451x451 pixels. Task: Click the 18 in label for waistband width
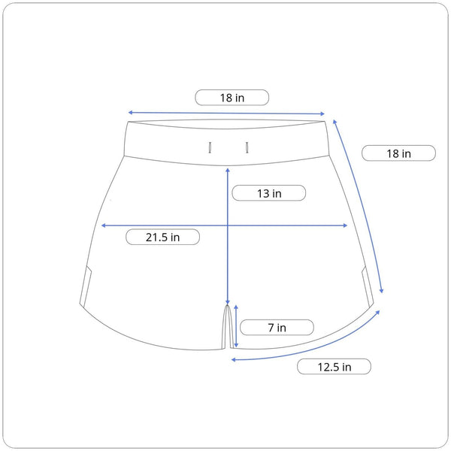232,98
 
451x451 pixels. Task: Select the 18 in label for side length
398,153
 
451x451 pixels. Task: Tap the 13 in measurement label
269,193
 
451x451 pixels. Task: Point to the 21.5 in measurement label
162,238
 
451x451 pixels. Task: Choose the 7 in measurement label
277,328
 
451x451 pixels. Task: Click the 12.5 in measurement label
334,367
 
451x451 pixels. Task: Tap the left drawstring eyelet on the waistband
210,147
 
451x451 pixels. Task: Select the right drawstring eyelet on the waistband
247,147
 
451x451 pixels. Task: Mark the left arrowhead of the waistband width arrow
130,112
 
